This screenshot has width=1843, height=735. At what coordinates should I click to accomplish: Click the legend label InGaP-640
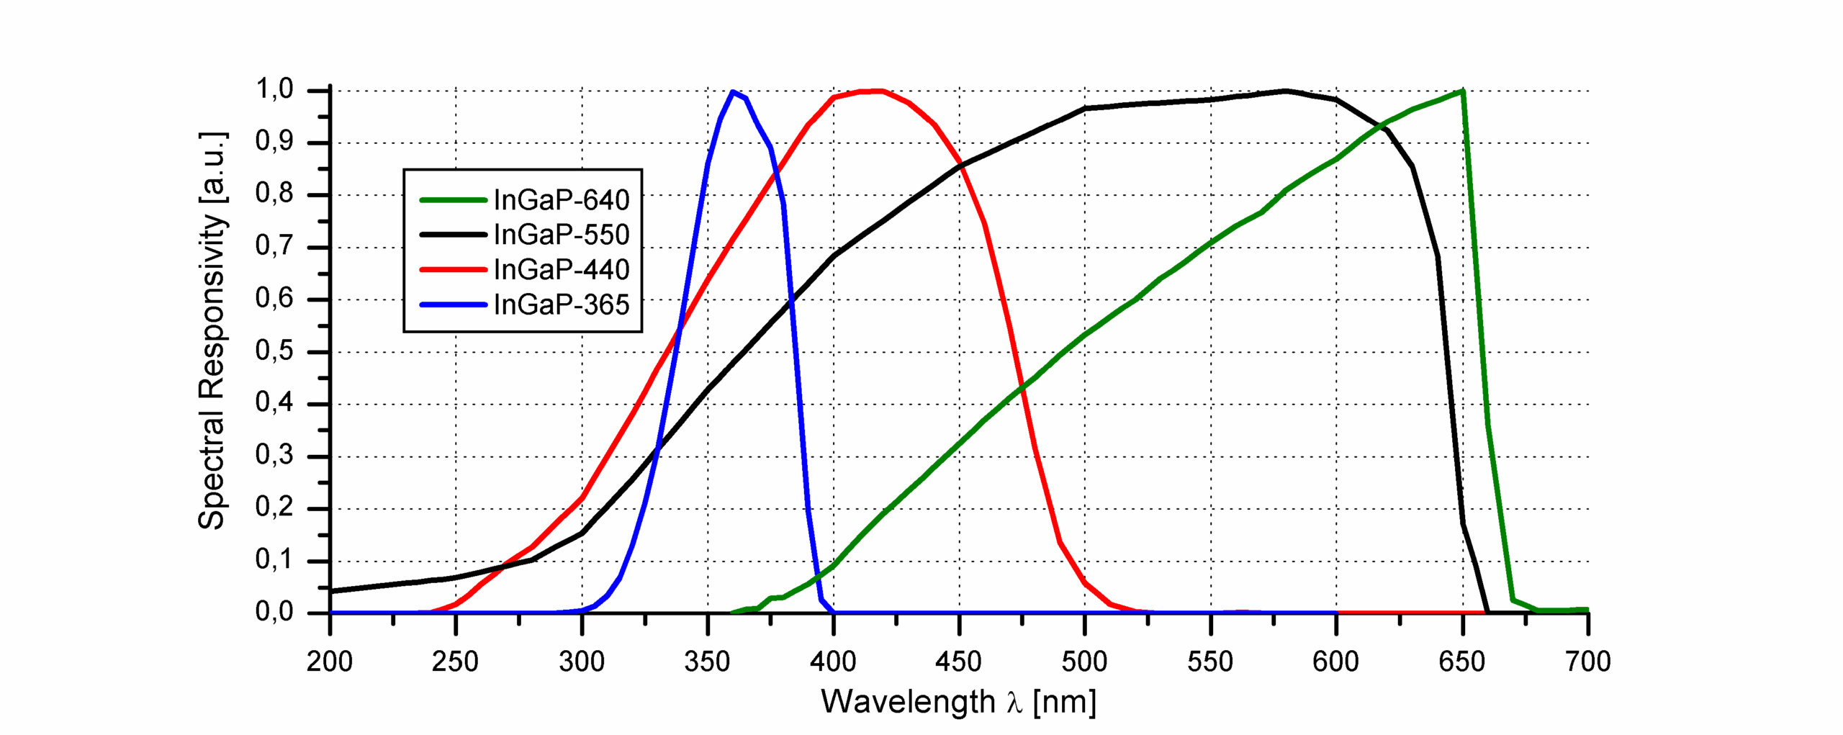[x=561, y=200]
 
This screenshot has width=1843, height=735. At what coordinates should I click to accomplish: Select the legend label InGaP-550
[x=561, y=235]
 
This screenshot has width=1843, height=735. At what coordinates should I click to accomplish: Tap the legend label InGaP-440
[x=561, y=270]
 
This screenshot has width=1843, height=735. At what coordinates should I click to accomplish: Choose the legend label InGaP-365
[x=561, y=305]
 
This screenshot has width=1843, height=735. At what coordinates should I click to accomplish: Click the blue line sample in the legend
[x=454, y=305]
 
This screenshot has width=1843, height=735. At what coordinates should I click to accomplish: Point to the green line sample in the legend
[x=454, y=200]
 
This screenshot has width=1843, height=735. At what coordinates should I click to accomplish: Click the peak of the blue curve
[x=733, y=91]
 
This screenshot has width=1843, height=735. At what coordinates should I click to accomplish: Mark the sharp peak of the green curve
[x=1462, y=91]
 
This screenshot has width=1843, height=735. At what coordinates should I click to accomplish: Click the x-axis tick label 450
[x=958, y=662]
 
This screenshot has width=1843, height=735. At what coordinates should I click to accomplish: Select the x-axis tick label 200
[x=330, y=662]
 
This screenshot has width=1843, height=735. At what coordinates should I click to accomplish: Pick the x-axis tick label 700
[x=1587, y=662]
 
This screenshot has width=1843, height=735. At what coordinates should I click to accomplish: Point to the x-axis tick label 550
[x=1210, y=662]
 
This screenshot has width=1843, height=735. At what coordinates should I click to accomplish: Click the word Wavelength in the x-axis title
[x=908, y=702]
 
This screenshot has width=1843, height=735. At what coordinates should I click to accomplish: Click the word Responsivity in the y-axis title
[x=212, y=303]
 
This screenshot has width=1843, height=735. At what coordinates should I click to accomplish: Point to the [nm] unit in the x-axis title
[x=1064, y=702]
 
